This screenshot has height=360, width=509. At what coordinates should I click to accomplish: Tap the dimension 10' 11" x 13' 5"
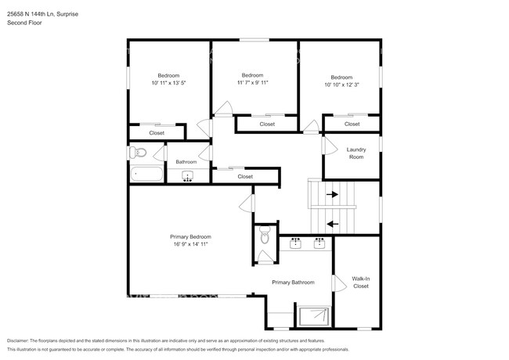click(168, 82)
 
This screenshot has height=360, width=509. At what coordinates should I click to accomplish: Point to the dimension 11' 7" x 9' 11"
click(253, 82)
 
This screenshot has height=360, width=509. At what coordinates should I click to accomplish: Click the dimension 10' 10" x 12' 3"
click(341, 84)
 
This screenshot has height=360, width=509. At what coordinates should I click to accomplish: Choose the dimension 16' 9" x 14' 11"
click(190, 243)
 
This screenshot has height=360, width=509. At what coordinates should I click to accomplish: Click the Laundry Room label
click(356, 153)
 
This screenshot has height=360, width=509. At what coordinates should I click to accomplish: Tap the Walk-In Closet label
click(360, 282)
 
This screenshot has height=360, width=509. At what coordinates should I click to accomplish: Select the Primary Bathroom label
click(293, 282)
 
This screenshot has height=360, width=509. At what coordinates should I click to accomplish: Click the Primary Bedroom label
click(190, 236)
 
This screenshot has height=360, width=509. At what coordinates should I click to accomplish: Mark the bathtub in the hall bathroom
click(146, 174)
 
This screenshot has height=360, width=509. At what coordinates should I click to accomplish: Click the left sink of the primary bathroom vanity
click(297, 243)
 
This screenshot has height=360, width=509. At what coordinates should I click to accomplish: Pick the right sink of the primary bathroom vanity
click(319, 243)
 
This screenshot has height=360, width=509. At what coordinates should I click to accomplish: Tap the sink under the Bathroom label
click(186, 175)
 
